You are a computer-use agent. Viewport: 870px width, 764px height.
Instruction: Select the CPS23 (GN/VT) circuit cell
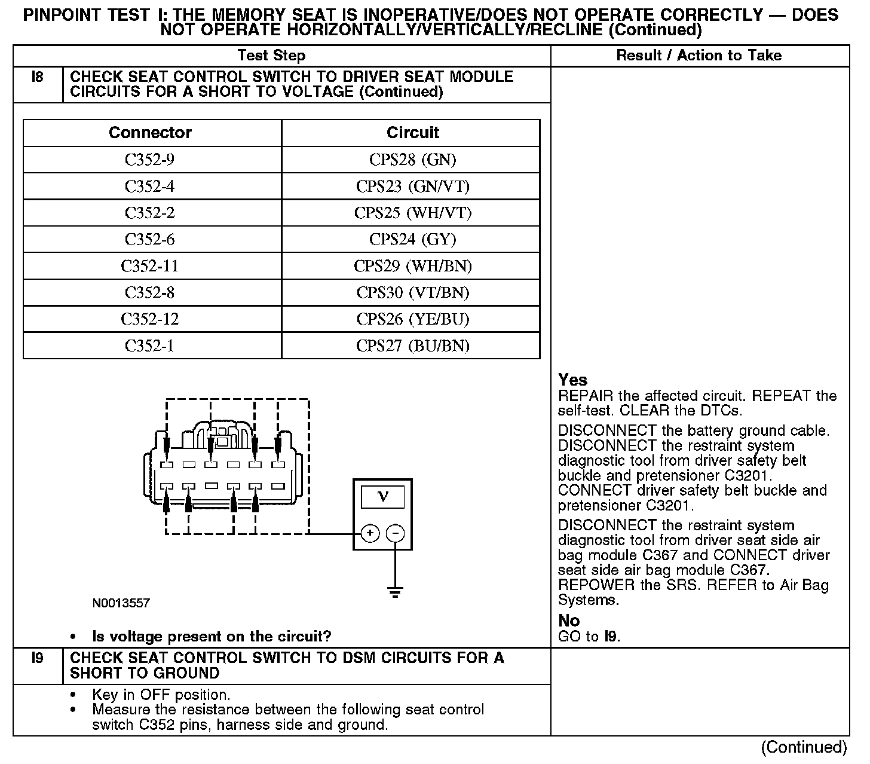click(412, 187)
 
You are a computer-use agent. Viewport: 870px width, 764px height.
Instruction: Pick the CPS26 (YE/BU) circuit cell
click(412, 319)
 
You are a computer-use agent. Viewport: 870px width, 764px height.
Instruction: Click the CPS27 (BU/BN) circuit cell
click(412, 346)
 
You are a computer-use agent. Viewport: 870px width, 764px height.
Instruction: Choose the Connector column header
click(150, 133)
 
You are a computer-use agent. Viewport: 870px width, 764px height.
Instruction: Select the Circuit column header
click(412, 133)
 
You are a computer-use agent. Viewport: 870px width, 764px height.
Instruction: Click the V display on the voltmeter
click(383, 497)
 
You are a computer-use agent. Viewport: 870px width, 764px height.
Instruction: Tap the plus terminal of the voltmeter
click(370, 533)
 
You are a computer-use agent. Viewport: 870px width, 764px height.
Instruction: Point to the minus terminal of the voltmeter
click(396, 533)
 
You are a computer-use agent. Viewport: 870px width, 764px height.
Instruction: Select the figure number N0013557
click(121, 603)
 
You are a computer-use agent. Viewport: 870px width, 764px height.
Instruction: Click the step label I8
click(38, 77)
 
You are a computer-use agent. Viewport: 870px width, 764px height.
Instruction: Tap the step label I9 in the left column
click(38, 659)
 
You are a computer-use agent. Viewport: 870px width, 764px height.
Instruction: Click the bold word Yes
click(572, 380)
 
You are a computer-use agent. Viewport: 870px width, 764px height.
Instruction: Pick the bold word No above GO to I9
click(569, 621)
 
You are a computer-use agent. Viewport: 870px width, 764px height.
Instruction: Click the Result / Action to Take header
click(699, 56)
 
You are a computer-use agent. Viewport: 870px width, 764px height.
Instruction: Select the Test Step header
click(271, 56)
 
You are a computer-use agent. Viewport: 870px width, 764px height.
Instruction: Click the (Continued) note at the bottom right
click(804, 747)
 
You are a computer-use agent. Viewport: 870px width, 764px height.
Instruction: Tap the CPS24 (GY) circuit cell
click(412, 240)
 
